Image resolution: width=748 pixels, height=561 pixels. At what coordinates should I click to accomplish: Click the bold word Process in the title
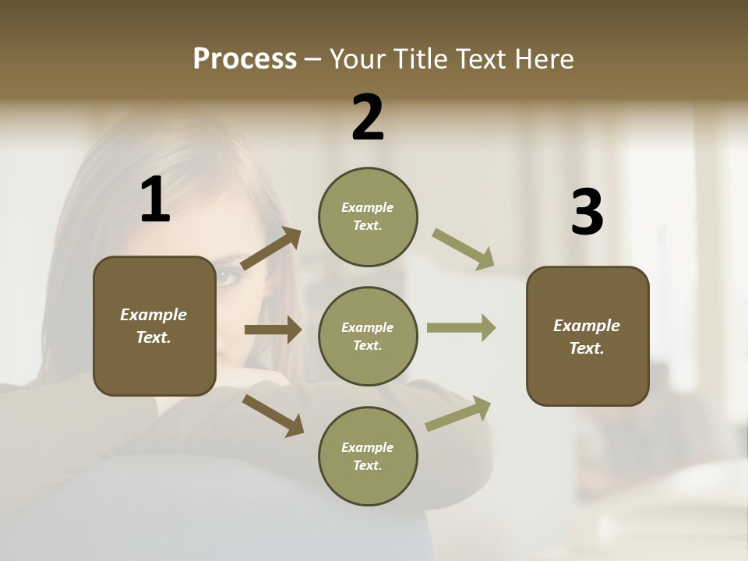click(x=245, y=59)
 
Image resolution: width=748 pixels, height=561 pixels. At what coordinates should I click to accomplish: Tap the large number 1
click(x=155, y=199)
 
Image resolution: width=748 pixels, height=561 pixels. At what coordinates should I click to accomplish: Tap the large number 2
click(x=368, y=118)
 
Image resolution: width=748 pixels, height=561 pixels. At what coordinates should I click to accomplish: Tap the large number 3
click(x=587, y=212)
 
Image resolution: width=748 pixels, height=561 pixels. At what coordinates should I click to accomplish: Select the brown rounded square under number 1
click(x=154, y=326)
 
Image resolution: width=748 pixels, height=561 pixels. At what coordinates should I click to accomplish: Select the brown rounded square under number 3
click(x=587, y=336)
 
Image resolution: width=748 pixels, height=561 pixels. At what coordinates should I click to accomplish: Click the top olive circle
click(x=368, y=217)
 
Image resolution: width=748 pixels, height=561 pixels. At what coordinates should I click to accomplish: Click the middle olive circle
click(x=368, y=336)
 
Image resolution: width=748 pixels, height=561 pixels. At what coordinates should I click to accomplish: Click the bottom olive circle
click(x=368, y=456)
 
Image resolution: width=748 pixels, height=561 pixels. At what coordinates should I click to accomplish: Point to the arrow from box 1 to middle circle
click(x=273, y=330)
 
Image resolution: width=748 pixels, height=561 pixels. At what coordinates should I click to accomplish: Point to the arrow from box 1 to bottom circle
click(x=273, y=415)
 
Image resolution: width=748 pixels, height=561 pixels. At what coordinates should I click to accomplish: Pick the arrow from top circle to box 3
click(x=464, y=249)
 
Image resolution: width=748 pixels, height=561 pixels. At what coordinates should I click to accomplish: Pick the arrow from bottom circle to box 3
click(x=458, y=413)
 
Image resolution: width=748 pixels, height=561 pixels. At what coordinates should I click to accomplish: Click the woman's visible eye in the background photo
click(x=227, y=277)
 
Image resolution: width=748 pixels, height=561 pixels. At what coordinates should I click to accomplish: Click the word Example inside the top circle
click(x=367, y=207)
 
